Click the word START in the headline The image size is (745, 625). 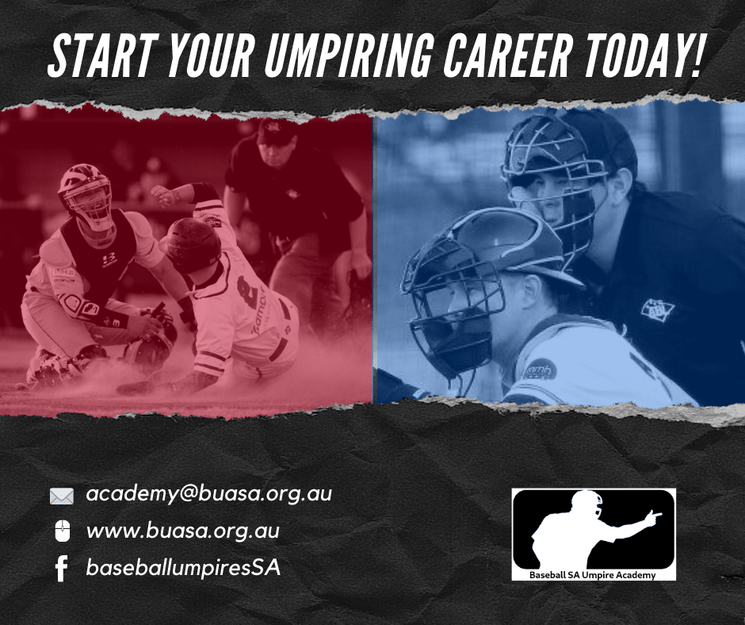click(x=103, y=56)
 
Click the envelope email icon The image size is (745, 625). click(x=62, y=496)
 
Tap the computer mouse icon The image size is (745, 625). click(x=63, y=531)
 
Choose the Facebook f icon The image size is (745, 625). click(x=61, y=568)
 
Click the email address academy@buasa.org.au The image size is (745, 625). click(x=208, y=494)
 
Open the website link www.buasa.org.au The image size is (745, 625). click(x=183, y=531)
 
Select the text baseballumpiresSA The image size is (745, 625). click(x=183, y=568)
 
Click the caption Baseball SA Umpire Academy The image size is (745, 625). click(x=592, y=575)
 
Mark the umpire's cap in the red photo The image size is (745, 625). click(x=277, y=132)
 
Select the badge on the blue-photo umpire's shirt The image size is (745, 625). click(x=658, y=311)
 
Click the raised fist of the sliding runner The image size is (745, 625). click(x=165, y=195)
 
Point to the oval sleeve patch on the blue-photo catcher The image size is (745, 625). click(x=540, y=370)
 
